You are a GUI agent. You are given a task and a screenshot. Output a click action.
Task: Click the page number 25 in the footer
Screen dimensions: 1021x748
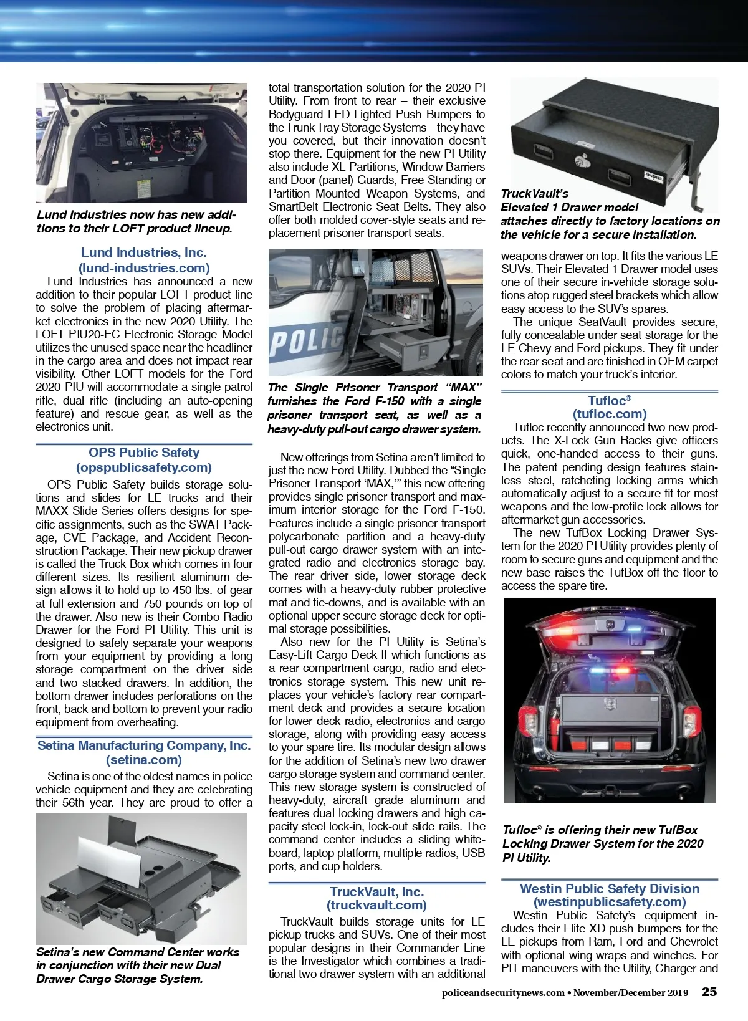pyautogui.click(x=709, y=992)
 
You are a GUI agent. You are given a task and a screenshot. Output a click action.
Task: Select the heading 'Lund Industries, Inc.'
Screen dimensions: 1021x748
pyautogui.click(x=143, y=252)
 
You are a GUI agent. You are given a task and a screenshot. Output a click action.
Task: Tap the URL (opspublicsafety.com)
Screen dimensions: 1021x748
pyautogui.click(x=143, y=467)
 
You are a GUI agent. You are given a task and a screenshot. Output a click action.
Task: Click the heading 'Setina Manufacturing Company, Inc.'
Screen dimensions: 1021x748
pyautogui.click(x=143, y=745)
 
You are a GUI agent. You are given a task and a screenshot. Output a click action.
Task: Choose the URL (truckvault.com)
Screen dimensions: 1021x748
pyautogui.click(x=376, y=905)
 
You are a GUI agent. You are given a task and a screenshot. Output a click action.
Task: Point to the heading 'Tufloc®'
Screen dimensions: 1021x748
pyautogui.click(x=609, y=400)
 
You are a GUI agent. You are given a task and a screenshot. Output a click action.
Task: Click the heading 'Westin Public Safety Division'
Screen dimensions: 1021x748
pyautogui.click(x=609, y=889)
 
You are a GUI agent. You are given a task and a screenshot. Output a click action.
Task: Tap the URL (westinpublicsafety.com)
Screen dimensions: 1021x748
pyautogui.click(x=609, y=902)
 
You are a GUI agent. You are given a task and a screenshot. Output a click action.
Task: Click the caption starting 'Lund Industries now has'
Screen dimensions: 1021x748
pyautogui.click(x=136, y=221)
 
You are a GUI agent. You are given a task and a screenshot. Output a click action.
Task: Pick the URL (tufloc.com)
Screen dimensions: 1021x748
pyautogui.click(x=609, y=414)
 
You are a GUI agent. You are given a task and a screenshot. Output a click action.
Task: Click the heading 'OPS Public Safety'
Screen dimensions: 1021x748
pyautogui.click(x=143, y=453)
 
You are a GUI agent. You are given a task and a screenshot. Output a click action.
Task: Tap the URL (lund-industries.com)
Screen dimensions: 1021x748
pyautogui.click(x=143, y=268)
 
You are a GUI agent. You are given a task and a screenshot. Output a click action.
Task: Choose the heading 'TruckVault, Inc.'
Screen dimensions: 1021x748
pyautogui.click(x=376, y=892)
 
